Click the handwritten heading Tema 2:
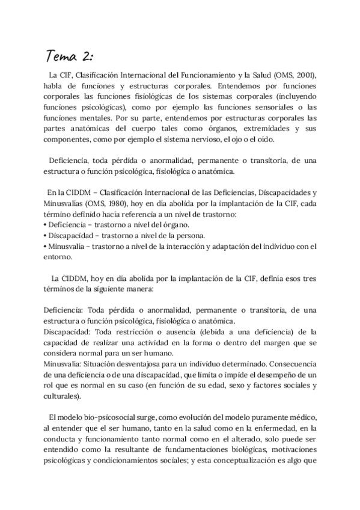point(70,57)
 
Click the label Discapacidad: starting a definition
point(66,331)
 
